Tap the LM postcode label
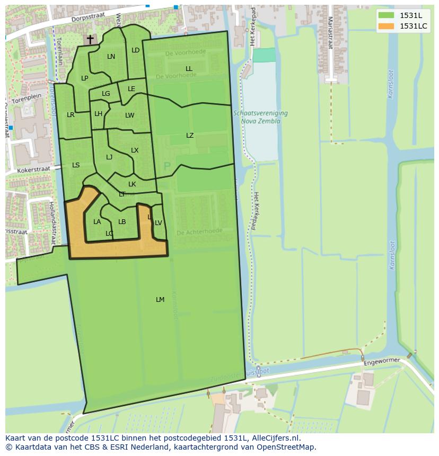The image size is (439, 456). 160,300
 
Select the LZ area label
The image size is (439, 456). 190,136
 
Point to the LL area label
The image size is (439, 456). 189,69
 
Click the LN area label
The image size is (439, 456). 111,57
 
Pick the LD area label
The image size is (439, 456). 135,50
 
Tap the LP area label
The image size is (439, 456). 84,78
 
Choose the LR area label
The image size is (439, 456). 71,115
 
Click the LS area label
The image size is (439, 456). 76,165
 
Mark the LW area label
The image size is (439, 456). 130,115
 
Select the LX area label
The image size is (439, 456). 135,150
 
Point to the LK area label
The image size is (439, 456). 132,184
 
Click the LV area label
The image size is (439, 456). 158,223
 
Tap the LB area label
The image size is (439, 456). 122,222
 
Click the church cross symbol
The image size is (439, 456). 90,39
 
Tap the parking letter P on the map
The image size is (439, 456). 167,167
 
